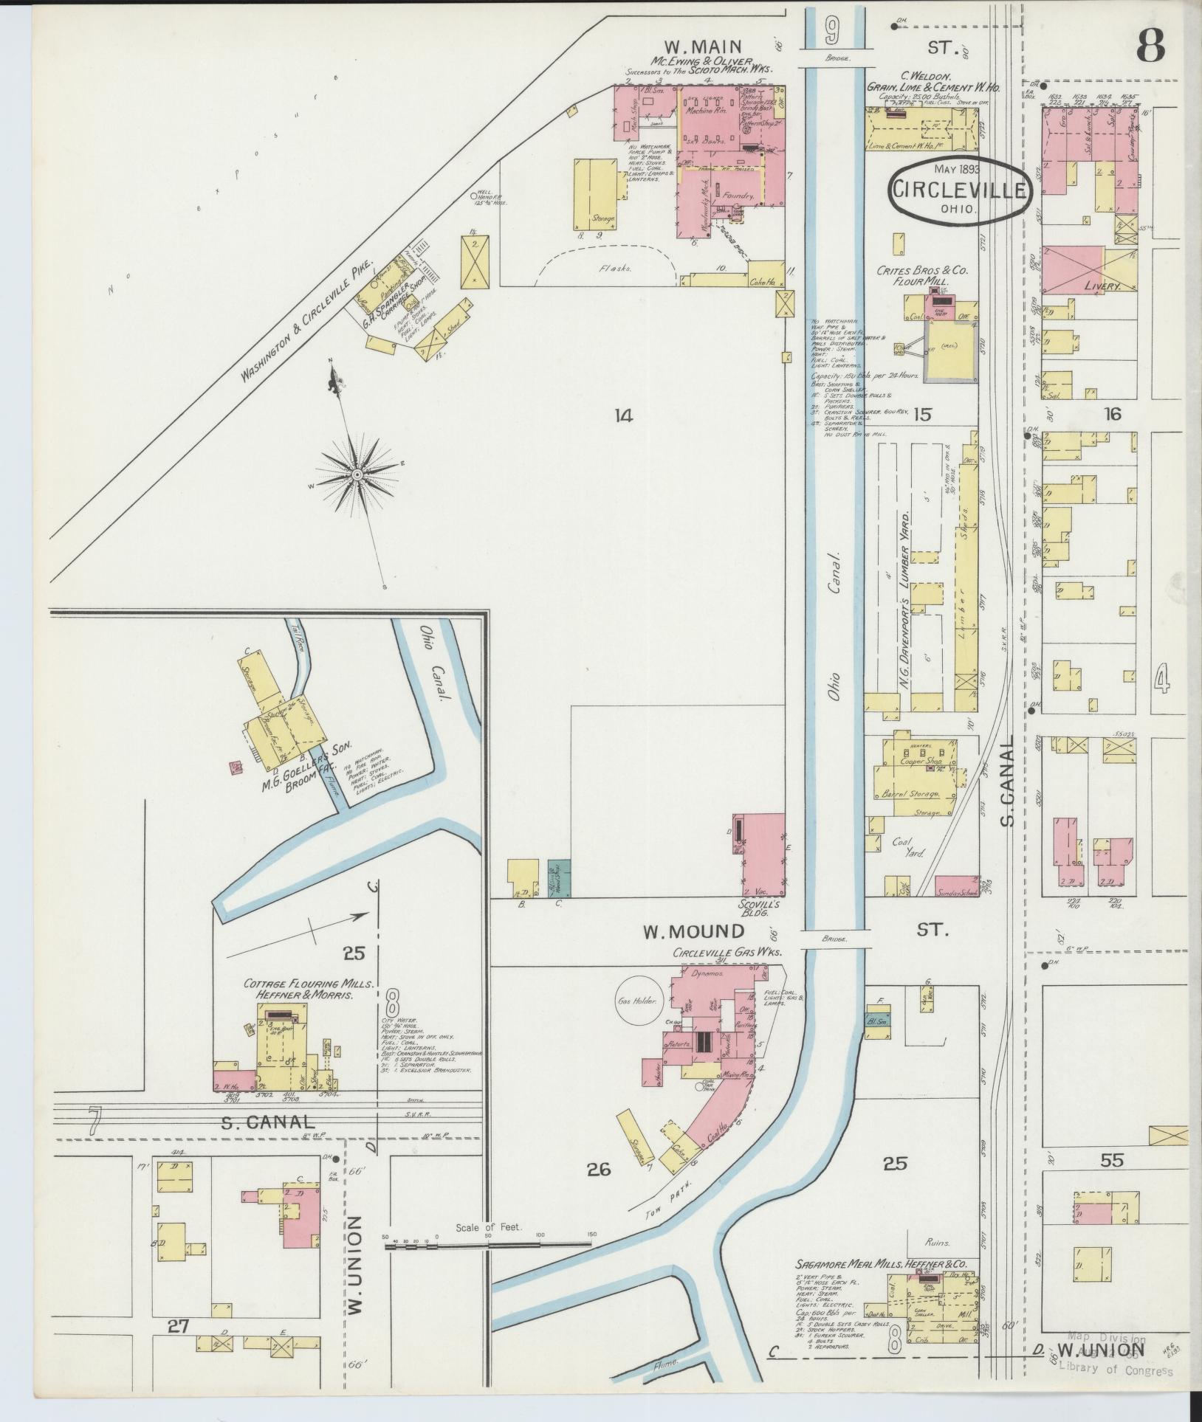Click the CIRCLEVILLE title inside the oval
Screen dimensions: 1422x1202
click(960, 190)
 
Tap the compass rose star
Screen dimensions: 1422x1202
click(357, 474)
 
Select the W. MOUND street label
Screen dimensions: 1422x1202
click(683, 931)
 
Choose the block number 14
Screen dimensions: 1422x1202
click(623, 416)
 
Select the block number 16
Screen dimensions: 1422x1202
click(1111, 414)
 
